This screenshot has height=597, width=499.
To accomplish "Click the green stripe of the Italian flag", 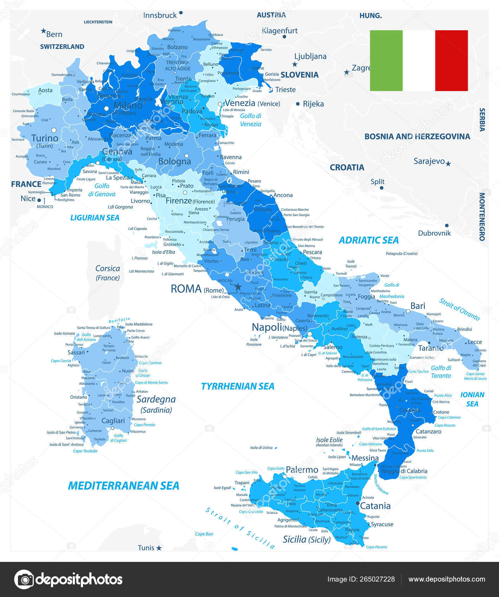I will point(386,60).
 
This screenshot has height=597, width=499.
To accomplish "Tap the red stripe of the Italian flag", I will point(451,60).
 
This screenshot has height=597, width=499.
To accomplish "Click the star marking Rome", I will point(238,286).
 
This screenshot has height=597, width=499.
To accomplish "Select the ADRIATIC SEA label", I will point(369,240).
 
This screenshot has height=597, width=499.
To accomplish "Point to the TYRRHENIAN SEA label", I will point(238,386).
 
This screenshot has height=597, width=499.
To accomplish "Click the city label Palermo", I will point(302,470).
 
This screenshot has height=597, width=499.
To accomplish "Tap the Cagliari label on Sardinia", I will point(113,420).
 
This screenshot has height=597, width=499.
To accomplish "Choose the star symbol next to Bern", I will point(44,31).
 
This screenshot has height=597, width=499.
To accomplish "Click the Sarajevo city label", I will point(429,161).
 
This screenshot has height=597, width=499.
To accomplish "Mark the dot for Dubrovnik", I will point(447,225).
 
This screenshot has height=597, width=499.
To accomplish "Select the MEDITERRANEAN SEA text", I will point(123,486).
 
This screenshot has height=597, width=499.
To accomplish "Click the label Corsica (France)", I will point(108,273).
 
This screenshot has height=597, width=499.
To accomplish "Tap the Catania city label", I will point(375,506).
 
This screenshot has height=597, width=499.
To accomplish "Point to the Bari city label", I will point(418,306).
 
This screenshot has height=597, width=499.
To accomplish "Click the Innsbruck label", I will point(160,15).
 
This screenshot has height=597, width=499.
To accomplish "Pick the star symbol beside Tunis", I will point(159,548).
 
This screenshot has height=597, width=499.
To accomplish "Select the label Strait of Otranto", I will point(459,309).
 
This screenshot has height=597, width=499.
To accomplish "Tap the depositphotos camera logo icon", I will point(24,579).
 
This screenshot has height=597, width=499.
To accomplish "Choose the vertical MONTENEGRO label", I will point(482,217).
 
